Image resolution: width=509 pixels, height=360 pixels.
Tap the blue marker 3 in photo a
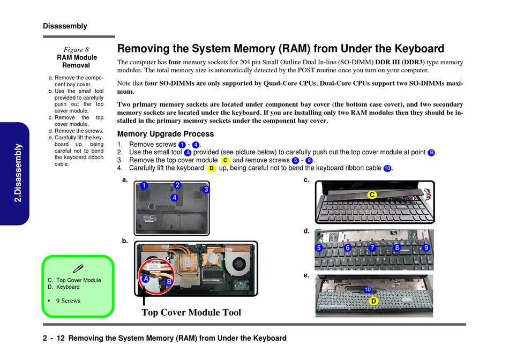(205, 190)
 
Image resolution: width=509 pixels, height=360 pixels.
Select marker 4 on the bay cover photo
(174, 198)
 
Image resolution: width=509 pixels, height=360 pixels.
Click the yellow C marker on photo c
(371, 195)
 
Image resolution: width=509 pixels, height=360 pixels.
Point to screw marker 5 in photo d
(319, 248)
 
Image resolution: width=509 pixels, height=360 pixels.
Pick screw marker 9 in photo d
(426, 248)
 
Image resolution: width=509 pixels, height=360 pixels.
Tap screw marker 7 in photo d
(372, 248)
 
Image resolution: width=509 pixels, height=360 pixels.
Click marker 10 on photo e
(368, 290)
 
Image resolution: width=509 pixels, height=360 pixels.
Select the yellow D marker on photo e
(373, 302)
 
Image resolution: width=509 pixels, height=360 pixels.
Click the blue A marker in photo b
(145, 279)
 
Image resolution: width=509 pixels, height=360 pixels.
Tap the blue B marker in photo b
(169, 282)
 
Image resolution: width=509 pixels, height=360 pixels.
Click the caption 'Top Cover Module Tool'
(191, 313)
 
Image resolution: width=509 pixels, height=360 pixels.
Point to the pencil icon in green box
(78, 268)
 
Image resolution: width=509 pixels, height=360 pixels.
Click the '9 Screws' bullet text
(68, 301)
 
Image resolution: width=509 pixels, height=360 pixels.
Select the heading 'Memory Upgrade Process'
(165, 134)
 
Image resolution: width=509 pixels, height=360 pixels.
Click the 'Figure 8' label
(76, 50)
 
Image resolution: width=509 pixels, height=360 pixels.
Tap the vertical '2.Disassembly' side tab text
(18, 172)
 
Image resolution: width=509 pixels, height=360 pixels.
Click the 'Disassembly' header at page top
(65, 26)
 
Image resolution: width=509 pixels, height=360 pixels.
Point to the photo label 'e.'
(306, 275)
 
